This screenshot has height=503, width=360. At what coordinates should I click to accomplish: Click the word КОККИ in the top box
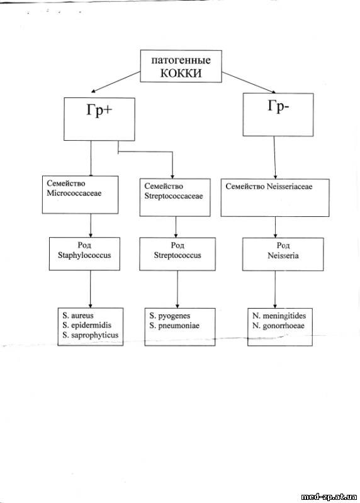tap(181, 73)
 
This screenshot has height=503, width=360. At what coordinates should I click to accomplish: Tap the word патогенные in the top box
tap(181, 60)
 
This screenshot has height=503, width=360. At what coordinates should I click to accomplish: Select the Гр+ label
tap(99, 111)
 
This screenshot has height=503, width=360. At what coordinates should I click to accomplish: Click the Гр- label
tap(278, 106)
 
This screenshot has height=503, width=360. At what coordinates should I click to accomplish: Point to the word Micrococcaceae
tap(74, 193)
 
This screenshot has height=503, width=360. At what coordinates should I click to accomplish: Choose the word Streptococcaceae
tap(174, 196)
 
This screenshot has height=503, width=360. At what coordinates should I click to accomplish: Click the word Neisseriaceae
tap(289, 186)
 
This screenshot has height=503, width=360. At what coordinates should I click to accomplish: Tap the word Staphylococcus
tap(84, 255)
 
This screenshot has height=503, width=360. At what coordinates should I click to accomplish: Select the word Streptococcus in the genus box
tap(177, 255)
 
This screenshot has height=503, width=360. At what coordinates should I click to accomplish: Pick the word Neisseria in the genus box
tap(283, 256)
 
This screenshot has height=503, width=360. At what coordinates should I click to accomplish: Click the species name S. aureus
tap(78, 316)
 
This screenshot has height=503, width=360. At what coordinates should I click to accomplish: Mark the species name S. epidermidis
tap(87, 325)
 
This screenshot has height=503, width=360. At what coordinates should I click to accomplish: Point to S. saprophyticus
tap(91, 335)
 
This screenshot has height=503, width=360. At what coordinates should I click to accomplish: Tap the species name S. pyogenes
tap(169, 316)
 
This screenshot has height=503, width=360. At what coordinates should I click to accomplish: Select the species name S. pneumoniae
tap(174, 326)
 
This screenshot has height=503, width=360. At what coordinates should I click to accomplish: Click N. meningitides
tap(279, 316)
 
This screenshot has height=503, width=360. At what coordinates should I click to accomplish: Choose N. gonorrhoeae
tap(278, 326)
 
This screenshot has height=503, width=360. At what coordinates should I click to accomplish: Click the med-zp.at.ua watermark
tap(329, 497)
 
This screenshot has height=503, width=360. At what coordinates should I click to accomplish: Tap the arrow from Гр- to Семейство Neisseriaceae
tap(274, 158)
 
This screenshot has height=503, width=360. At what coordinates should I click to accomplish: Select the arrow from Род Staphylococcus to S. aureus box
tap(90, 289)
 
